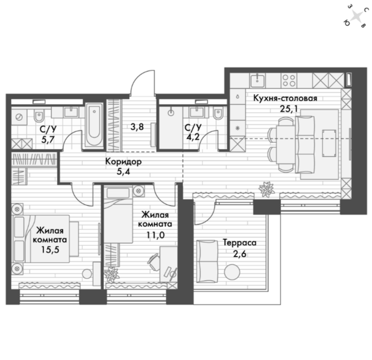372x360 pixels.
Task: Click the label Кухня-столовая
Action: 285,98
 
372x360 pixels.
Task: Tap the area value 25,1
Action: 289,109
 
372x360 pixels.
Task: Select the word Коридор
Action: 123,161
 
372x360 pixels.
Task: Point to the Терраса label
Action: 239,243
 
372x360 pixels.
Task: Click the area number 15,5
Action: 50,250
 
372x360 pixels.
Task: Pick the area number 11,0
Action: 155,235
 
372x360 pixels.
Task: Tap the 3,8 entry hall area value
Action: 137,127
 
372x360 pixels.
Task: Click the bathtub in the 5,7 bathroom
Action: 94,125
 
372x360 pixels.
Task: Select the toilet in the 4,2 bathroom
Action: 218,113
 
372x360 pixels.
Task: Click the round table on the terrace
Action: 232,272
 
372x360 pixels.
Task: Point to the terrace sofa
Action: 207,261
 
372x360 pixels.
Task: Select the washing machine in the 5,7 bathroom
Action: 19,117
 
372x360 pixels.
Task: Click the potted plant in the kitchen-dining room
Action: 267,189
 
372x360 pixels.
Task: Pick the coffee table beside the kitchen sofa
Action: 329,143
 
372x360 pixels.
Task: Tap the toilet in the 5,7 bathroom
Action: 39,115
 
